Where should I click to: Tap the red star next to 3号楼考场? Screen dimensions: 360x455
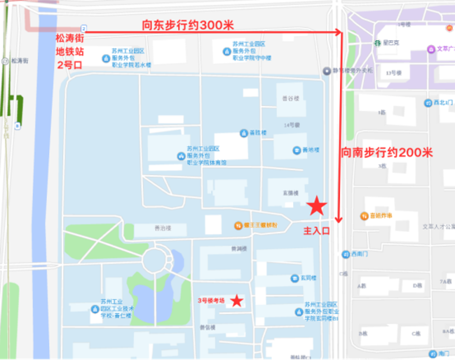[236, 301]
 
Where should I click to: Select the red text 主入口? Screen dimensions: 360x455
[317, 231]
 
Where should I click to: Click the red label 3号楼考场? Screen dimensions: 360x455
[213, 300]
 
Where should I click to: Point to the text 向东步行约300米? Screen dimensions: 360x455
[188, 25]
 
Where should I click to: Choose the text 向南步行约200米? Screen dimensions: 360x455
[387, 153]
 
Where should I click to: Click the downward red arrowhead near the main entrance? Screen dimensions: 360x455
[339, 220]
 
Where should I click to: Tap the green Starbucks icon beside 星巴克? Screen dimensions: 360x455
[378, 43]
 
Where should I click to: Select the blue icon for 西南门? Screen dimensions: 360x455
[345, 254]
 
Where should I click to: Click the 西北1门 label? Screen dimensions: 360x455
[443, 103]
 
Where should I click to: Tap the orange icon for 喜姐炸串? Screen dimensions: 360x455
[364, 216]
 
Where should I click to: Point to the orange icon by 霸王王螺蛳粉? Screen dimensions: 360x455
[238, 225]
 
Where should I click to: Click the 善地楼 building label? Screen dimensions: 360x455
[311, 150]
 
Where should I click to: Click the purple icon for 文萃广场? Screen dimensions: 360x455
[431, 49]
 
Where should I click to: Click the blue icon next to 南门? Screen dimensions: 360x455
[433, 354]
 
